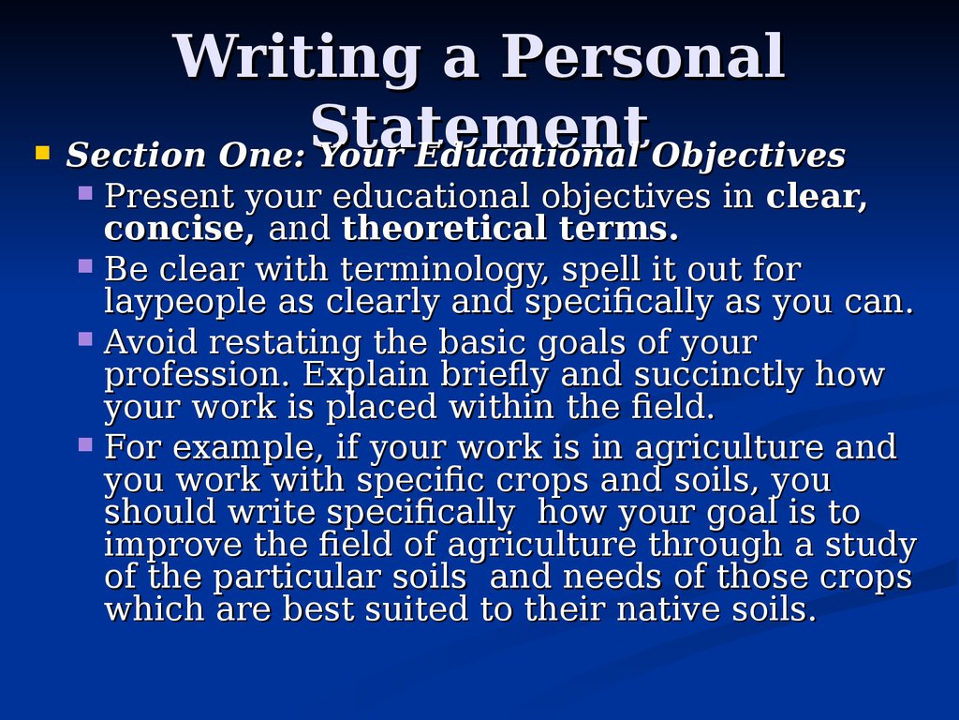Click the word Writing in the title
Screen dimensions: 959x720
click(296, 56)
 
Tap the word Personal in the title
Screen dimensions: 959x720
click(642, 55)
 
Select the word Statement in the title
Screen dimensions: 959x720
click(479, 127)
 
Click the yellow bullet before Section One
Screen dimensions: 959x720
click(42, 152)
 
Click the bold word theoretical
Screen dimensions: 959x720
click(443, 229)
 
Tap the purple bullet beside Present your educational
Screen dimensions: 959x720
click(85, 193)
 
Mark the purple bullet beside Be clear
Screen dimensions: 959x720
click(85, 266)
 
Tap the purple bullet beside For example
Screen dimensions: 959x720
click(85, 444)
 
